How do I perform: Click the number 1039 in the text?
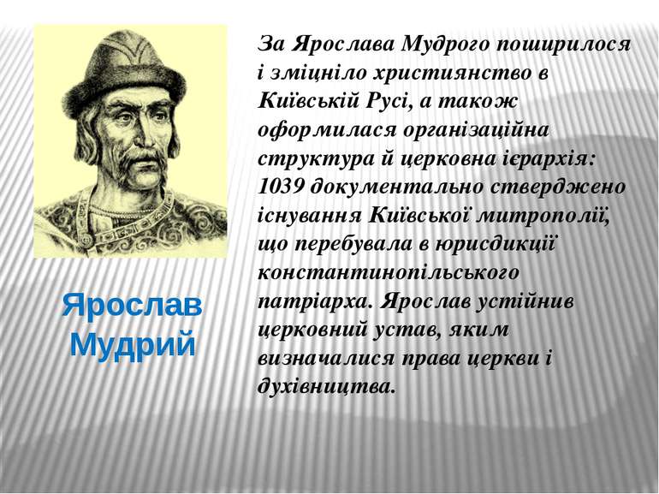pos(281,187)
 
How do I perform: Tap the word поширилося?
pos(564,44)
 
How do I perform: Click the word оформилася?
pos(327,130)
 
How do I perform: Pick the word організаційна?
pos(476,130)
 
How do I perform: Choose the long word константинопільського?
pos(389,273)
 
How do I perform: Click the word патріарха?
pos(315,302)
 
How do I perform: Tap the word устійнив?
pos(525,301)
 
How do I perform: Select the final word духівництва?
pos(327,386)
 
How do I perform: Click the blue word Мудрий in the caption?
pos(133,344)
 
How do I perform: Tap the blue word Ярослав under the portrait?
pos(133,307)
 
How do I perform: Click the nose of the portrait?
pos(140,134)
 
